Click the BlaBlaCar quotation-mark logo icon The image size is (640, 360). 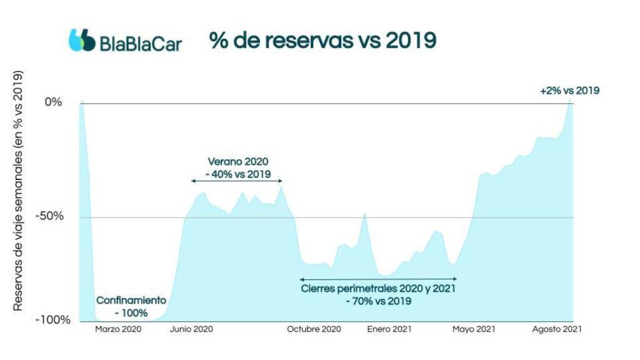82,39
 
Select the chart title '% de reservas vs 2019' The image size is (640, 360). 322,39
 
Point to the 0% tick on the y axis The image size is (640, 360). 53,102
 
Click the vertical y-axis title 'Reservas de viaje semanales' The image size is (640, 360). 19,191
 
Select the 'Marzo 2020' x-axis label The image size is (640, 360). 119,329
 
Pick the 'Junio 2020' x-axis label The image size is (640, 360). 191,329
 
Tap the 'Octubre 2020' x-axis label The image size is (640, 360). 314,329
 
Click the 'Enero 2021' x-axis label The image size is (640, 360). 389,329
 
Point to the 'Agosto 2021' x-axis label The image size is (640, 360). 556,329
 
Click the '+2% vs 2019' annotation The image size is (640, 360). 569,91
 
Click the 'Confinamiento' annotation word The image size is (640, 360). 131,300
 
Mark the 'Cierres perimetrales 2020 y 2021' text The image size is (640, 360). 378,289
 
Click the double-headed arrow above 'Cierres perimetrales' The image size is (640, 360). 378,279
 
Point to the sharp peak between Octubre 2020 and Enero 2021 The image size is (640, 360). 364,214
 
